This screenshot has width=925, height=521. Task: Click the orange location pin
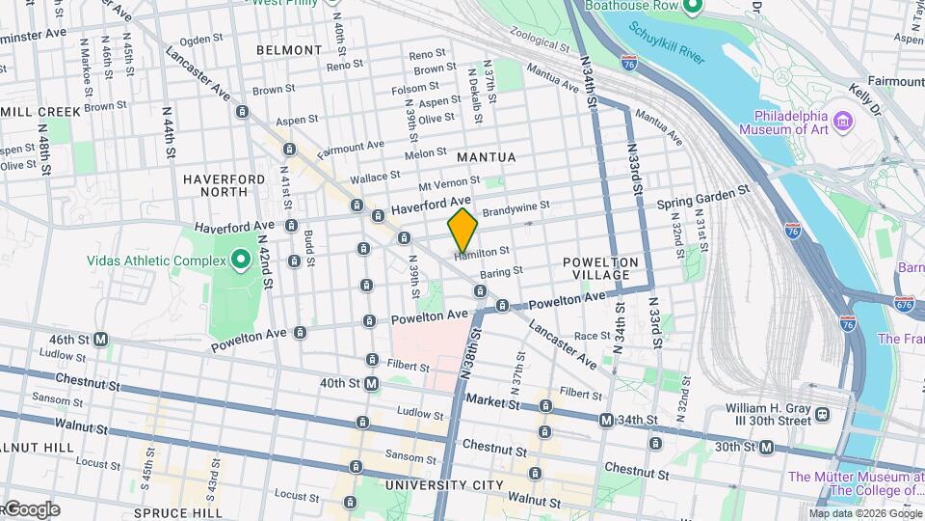[x=462, y=230]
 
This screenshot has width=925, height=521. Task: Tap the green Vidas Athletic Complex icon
[x=240, y=260]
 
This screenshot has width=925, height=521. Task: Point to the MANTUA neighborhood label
[x=487, y=156]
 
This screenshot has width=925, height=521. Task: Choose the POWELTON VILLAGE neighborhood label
[x=601, y=268]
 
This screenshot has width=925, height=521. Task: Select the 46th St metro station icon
[x=100, y=340]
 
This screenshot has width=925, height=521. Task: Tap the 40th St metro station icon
[x=371, y=383]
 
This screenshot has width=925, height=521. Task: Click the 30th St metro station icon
[x=766, y=447]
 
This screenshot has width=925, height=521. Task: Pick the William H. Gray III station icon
[x=821, y=413]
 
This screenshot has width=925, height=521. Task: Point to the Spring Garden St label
[x=702, y=199]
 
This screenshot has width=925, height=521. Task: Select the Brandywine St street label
[x=515, y=206]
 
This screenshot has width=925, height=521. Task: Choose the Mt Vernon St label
[x=448, y=182]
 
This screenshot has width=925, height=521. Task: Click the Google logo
[x=31, y=509]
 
